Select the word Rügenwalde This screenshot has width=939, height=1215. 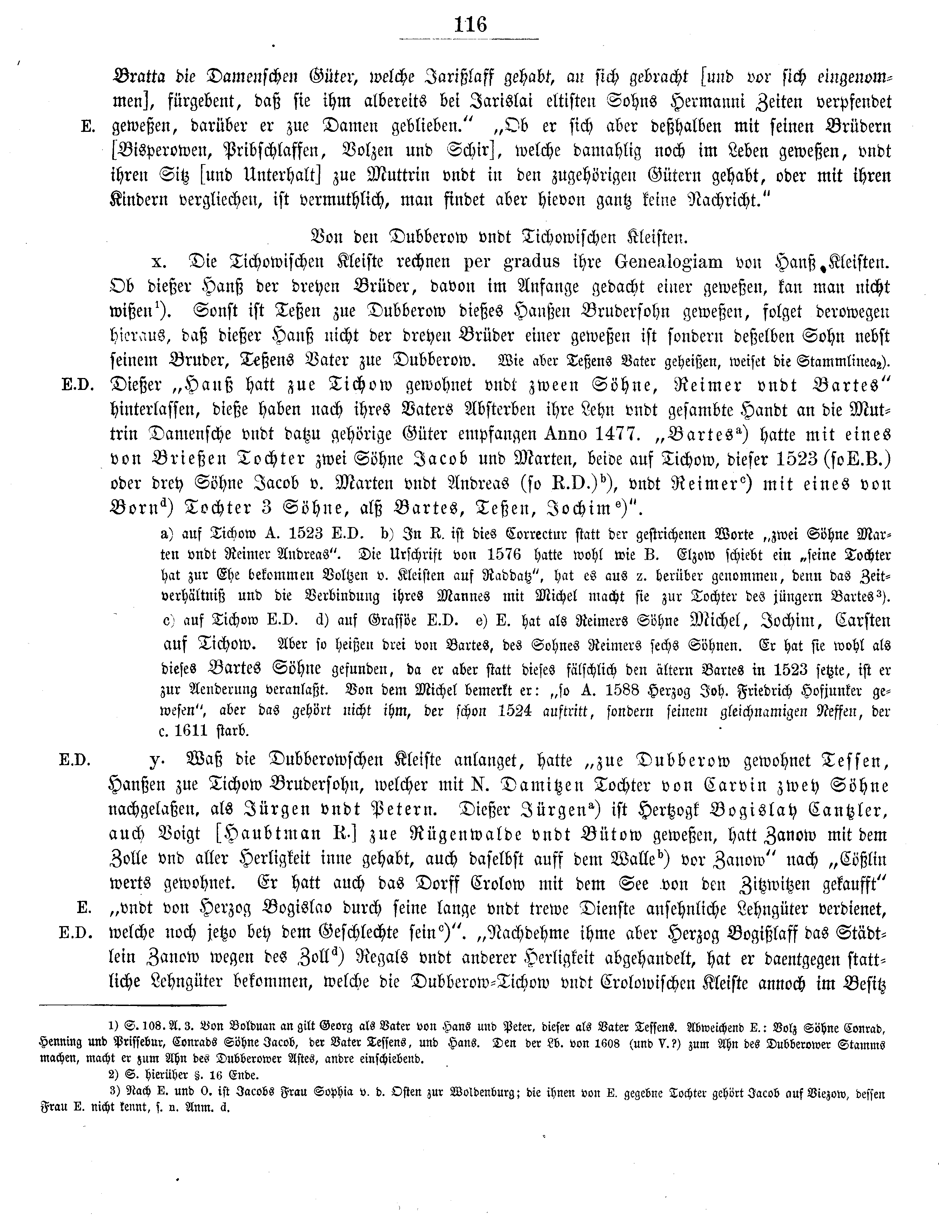[566, 835]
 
